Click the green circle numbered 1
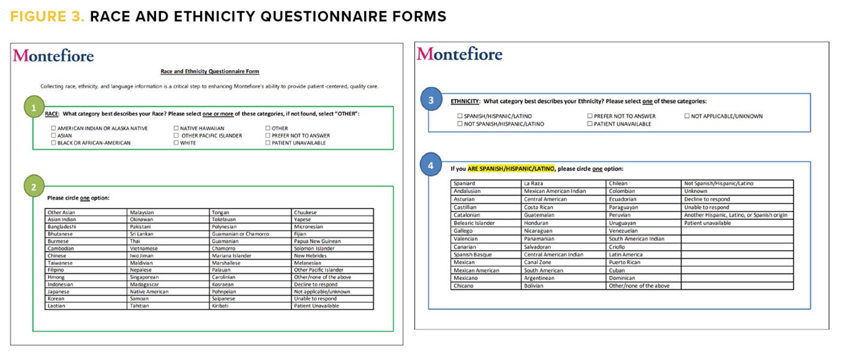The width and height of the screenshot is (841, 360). [34, 108]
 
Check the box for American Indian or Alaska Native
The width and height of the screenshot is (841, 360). [53, 129]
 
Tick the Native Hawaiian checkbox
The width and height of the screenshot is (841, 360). [175, 129]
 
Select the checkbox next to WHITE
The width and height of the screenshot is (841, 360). [175, 143]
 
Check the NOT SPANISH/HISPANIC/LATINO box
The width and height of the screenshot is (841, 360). [460, 124]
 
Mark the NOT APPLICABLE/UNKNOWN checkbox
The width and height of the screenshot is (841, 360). [687, 116]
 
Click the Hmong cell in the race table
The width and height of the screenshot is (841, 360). [56, 277]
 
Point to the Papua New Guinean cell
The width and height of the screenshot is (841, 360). [317, 241]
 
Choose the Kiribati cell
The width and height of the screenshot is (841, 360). [223, 306]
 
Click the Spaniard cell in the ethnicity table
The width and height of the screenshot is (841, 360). [465, 183]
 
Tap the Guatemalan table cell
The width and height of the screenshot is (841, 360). [539, 215]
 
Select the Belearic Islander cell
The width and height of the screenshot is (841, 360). [475, 223]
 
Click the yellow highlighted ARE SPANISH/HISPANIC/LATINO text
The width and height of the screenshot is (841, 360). [511, 169]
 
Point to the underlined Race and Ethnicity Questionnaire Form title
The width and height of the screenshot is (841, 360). [210, 72]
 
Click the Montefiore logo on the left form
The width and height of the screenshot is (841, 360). [53, 56]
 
